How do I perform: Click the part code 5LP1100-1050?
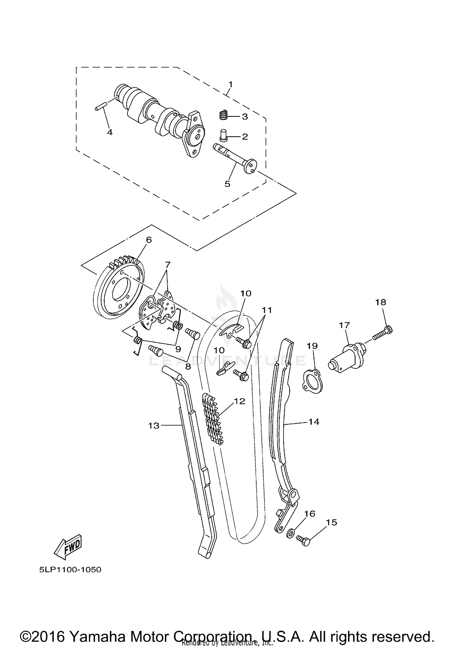[x=70, y=569]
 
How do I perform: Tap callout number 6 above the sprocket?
[x=149, y=240]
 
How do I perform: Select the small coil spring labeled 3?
[x=223, y=115]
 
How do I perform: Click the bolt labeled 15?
[x=303, y=541]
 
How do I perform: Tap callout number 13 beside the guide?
[x=154, y=426]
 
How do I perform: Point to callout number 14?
[x=314, y=422]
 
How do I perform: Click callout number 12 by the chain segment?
[x=239, y=401]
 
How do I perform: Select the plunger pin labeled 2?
[x=224, y=135]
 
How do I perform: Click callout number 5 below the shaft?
[x=227, y=184]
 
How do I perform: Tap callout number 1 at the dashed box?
[x=231, y=84]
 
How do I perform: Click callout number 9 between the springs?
[x=178, y=349]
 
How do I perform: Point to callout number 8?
[x=188, y=367]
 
